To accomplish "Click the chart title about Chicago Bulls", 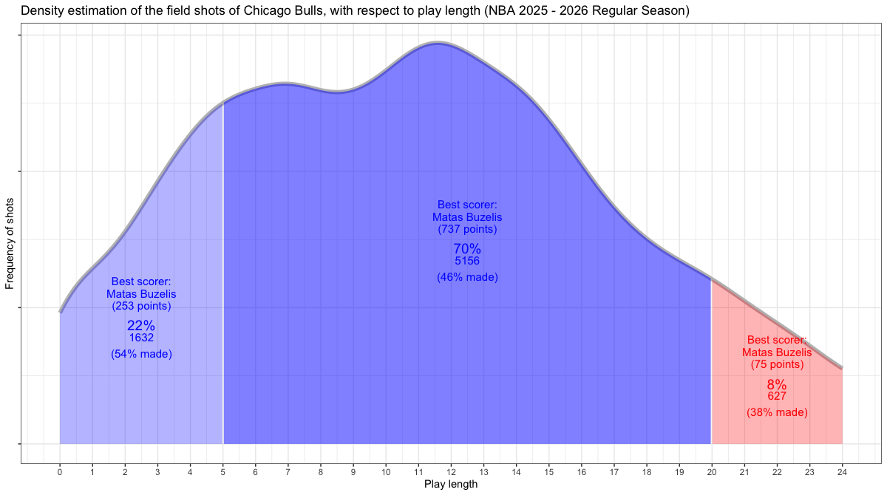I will click(x=355, y=11).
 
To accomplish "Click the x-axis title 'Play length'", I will click(x=451, y=485).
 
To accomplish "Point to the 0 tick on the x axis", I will click(x=60, y=470).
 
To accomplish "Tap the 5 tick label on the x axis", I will click(x=222, y=470).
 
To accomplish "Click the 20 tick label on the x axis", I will click(x=711, y=470).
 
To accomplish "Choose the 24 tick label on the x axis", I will click(x=842, y=470).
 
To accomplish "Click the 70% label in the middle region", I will click(x=467, y=249).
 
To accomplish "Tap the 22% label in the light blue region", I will click(x=141, y=326).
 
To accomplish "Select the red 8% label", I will click(x=777, y=385).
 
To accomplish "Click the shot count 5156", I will click(x=467, y=261).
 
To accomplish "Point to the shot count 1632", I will click(x=141, y=338).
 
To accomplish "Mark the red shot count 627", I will click(x=777, y=396).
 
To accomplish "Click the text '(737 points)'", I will click(x=467, y=229).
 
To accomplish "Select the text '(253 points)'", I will click(x=141, y=306).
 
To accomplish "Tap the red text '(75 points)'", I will click(x=777, y=365).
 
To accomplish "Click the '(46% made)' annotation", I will click(x=467, y=278).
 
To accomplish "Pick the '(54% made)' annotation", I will click(x=141, y=355).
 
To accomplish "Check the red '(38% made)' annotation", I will click(x=777, y=412).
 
